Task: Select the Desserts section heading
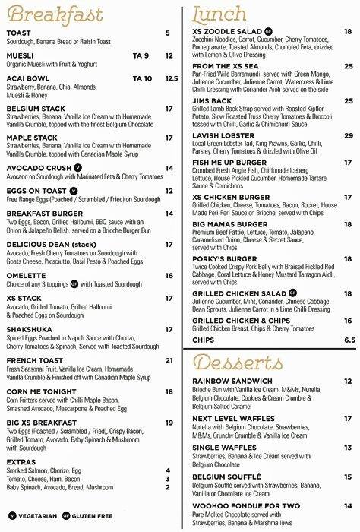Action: [x=243, y=359]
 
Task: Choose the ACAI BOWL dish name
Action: [x=28, y=78]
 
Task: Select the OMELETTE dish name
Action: [x=27, y=276]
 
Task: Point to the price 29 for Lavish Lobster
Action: [x=348, y=136]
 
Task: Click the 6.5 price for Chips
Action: [x=349, y=340]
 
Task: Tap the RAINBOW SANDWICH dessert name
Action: [x=232, y=381]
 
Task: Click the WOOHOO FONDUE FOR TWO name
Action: [x=247, y=505]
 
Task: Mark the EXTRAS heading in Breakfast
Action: [x=21, y=461]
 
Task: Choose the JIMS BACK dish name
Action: [x=212, y=100]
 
